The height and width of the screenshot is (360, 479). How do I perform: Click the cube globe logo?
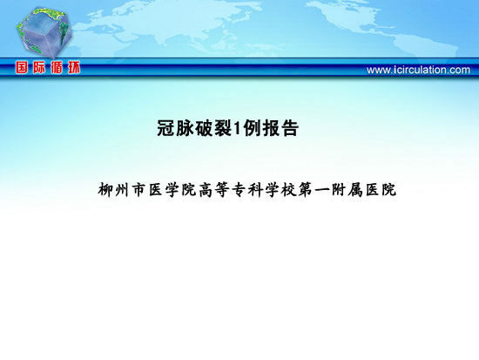pyautogui.click(x=44, y=32)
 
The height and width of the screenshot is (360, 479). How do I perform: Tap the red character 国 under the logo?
pyautogui.click(x=22, y=67)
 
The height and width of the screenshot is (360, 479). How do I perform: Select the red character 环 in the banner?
pyautogui.click(x=74, y=67)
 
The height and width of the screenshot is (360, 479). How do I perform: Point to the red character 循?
pyautogui.click(x=57, y=67)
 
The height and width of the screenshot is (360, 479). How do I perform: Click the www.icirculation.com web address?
pyautogui.click(x=418, y=70)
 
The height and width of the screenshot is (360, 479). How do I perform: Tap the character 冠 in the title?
pyautogui.click(x=165, y=128)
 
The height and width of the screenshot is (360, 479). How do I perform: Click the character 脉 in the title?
pyautogui.click(x=185, y=128)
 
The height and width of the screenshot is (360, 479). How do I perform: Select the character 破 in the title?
pyautogui.click(x=204, y=128)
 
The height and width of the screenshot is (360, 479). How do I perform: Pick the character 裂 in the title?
pyautogui.click(x=223, y=128)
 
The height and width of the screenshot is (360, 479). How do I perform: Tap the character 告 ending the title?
pyautogui.click(x=290, y=128)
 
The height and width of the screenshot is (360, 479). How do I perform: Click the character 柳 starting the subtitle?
pyautogui.click(x=105, y=190)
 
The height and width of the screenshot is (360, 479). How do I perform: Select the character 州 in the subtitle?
pyautogui.click(x=122, y=190)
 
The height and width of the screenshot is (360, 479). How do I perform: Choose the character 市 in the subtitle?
pyautogui.click(x=138, y=190)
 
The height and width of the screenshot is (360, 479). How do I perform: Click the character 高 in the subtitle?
pyautogui.click(x=205, y=190)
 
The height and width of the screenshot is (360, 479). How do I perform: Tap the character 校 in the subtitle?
pyautogui.click(x=287, y=190)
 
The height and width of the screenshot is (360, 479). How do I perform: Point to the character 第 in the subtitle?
pyautogui.click(x=304, y=190)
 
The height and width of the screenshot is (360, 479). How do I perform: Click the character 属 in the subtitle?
pyautogui.click(x=354, y=190)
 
